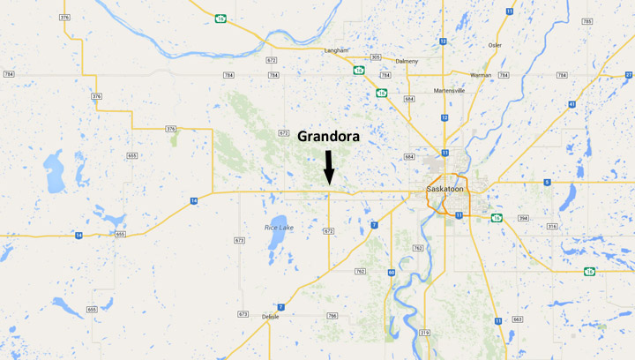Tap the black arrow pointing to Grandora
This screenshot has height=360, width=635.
328,167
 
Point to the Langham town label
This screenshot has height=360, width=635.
336,51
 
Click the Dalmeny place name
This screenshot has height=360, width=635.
407,61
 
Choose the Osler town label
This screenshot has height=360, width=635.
495,44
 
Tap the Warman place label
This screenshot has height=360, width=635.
481,76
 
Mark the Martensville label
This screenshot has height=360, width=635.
449,91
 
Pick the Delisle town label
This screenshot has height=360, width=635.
271,316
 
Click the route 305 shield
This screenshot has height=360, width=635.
376,57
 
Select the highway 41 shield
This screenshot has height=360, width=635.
572,104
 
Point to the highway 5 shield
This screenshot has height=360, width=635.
547,183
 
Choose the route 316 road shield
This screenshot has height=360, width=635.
553,227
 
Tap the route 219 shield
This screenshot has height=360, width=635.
424,332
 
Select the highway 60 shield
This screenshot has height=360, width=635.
391,273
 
